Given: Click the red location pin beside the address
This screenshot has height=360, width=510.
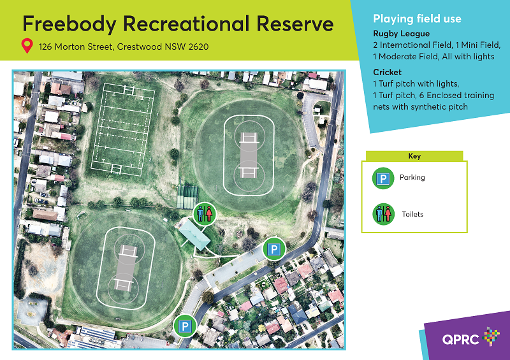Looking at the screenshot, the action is pyautogui.click(x=27, y=46).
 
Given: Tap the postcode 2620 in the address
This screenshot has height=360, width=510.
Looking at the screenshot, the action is pyautogui.click(x=198, y=47).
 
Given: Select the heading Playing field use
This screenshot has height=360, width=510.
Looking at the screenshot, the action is pyautogui.click(x=417, y=18).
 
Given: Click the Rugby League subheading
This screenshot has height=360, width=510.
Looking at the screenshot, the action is pyautogui.click(x=402, y=34).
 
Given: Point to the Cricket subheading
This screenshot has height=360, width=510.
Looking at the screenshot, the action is pyautogui.click(x=387, y=72).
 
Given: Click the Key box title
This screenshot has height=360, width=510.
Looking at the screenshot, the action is pyautogui.click(x=414, y=156).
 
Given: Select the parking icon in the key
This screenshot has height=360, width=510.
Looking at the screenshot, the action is pyautogui.click(x=383, y=178).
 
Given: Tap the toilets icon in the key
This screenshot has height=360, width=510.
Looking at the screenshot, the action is pyautogui.click(x=383, y=214).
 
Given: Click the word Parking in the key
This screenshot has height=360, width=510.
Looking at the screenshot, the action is pyautogui.click(x=412, y=178).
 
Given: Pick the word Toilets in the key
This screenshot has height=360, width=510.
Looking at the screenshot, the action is pyautogui.click(x=412, y=214).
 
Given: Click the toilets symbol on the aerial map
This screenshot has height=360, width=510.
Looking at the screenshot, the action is pyautogui.click(x=205, y=213).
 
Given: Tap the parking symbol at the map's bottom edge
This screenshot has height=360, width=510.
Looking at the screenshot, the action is pyautogui.click(x=185, y=326).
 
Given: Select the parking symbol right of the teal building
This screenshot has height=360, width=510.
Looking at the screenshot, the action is pyautogui.click(x=274, y=249).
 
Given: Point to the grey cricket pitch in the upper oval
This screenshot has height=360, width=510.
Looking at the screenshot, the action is pyautogui.click(x=249, y=155).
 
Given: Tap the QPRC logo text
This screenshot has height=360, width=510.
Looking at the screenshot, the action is pyautogui.click(x=460, y=340).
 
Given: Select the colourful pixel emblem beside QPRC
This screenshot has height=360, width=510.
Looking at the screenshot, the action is pyautogui.click(x=491, y=336).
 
